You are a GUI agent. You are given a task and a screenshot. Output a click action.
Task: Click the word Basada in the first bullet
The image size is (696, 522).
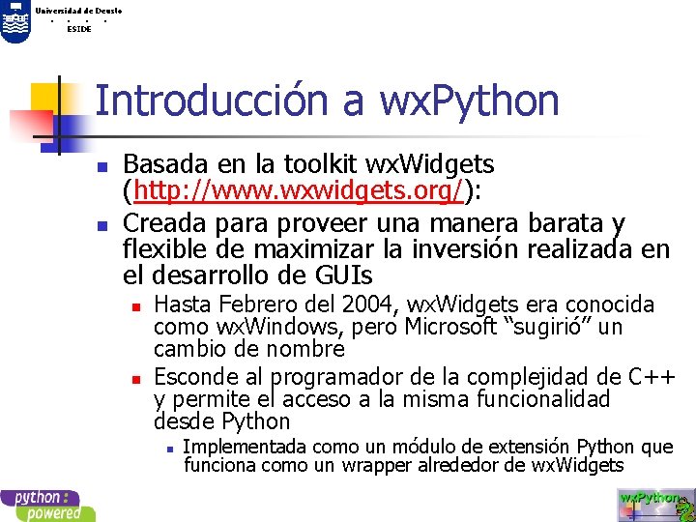click(x=161, y=165)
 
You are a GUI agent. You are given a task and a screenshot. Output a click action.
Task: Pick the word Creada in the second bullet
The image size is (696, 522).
click(x=162, y=224)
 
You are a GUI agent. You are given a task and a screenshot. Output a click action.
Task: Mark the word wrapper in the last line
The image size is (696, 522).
click(x=402, y=465)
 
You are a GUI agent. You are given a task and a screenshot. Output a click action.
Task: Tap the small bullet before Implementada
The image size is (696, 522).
click(x=169, y=448)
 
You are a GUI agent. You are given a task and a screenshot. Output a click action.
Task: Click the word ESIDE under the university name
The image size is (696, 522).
click(x=78, y=29)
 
